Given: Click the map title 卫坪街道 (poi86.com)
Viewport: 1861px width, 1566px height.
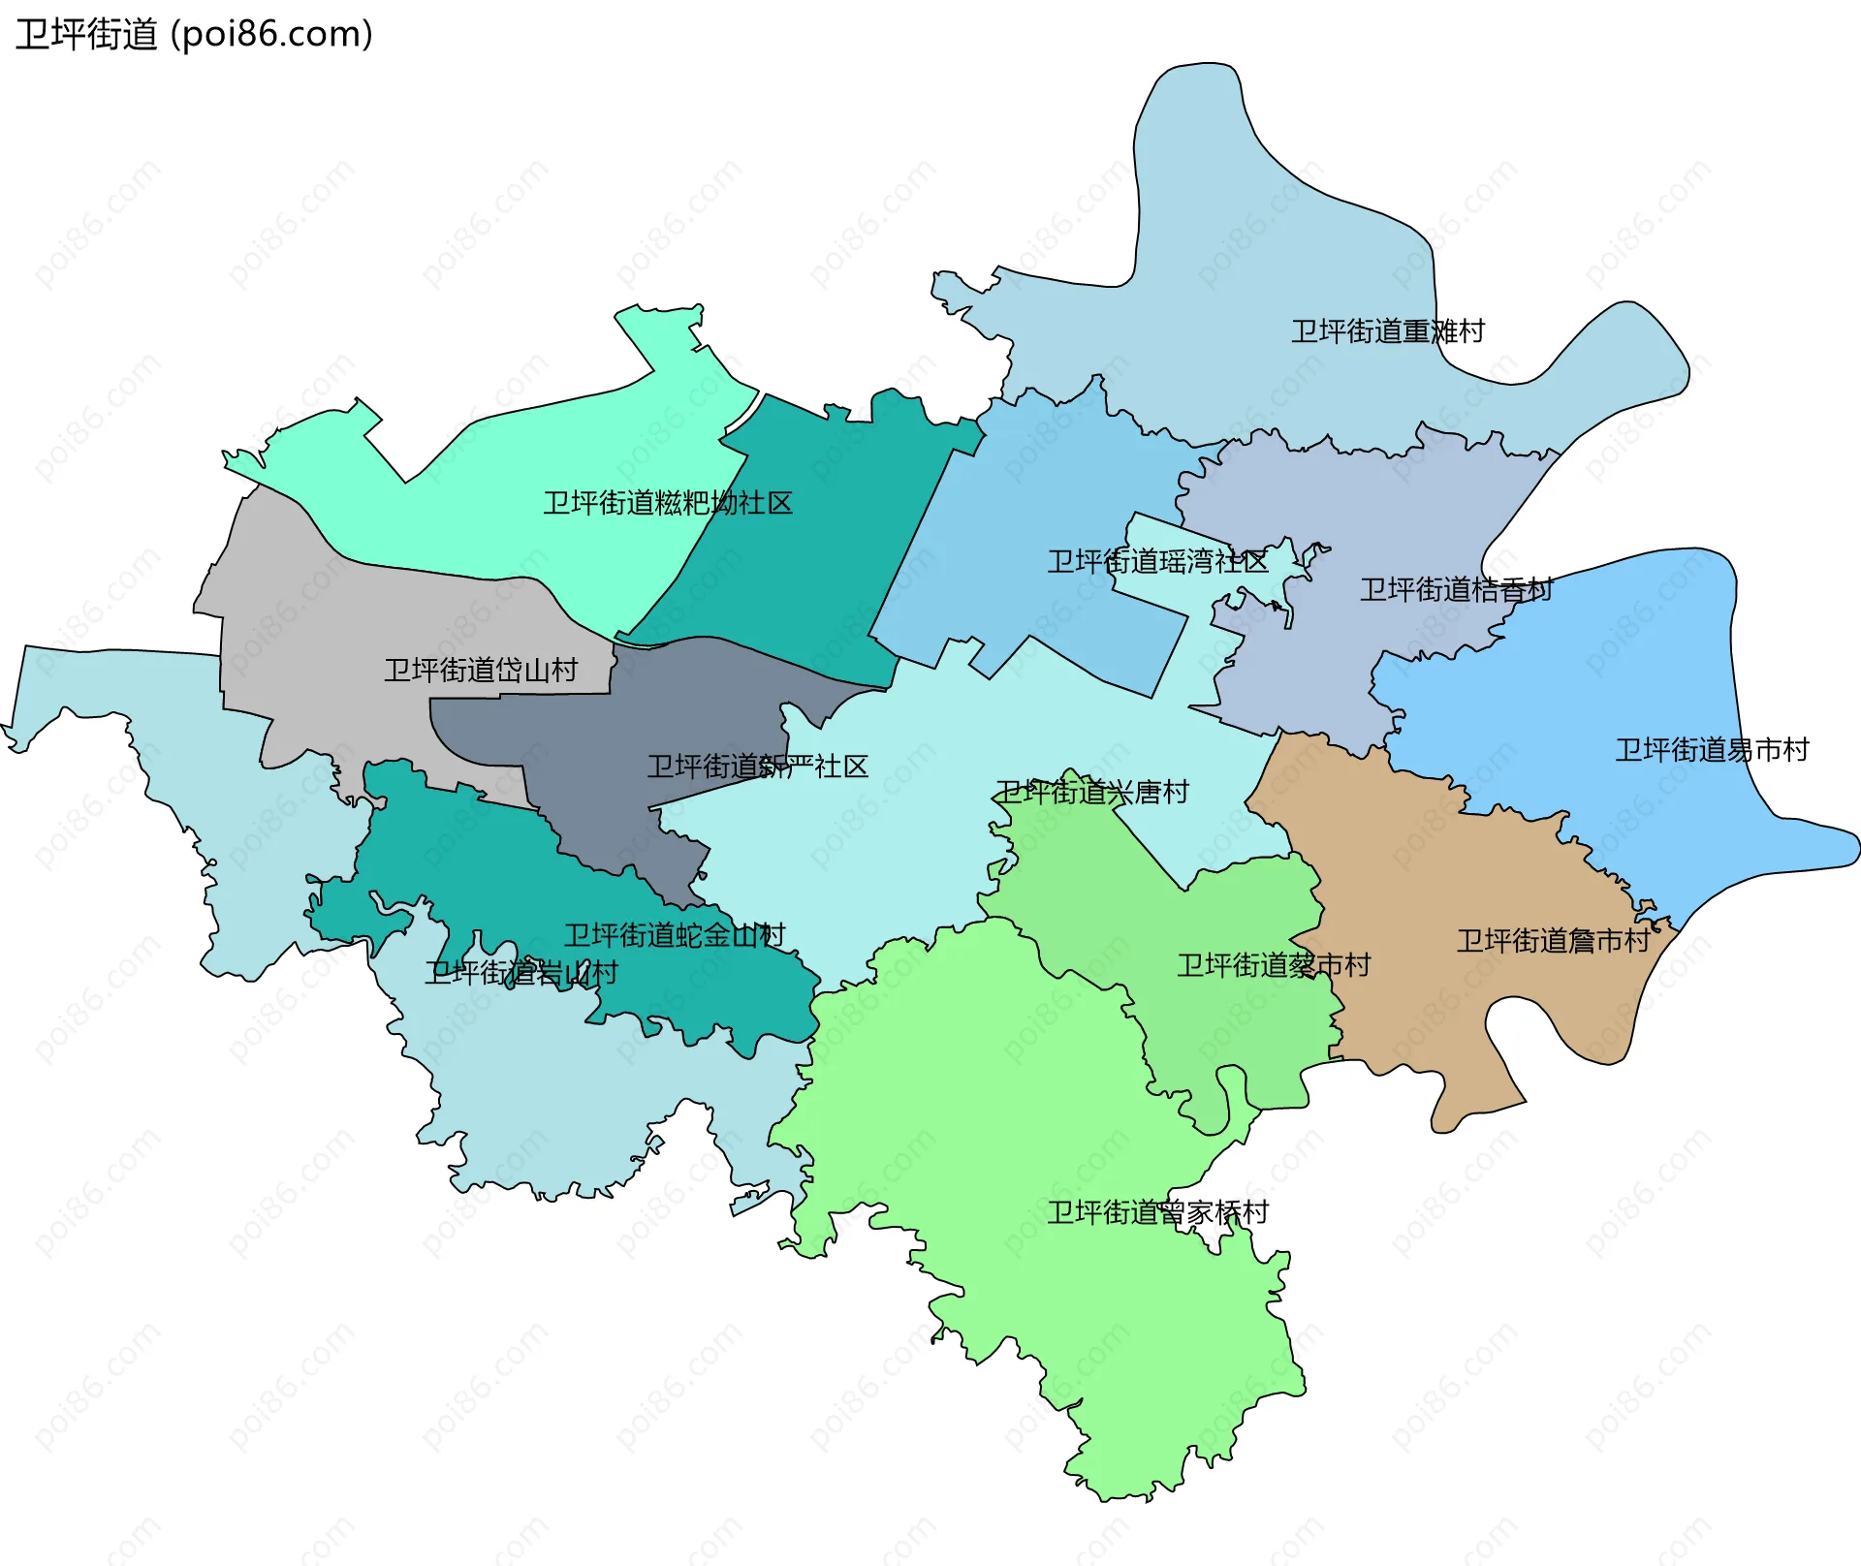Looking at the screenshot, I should [194, 35].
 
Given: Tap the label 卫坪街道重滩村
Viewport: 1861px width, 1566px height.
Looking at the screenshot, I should [1387, 331].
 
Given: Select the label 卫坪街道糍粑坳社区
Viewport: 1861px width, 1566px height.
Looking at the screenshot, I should [667, 503].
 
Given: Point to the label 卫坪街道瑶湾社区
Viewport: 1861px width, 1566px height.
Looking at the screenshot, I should [1157, 561].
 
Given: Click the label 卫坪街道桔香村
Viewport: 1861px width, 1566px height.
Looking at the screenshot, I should [1456, 589].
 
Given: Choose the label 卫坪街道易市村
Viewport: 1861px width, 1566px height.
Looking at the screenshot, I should [1711, 749].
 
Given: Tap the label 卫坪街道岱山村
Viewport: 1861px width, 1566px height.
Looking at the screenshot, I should [480, 670].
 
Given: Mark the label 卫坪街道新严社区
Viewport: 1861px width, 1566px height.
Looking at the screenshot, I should [757, 767].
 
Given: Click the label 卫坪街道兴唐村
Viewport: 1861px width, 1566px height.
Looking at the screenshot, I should [1091, 792].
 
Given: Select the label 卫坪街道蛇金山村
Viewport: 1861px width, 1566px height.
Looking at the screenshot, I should [674, 935].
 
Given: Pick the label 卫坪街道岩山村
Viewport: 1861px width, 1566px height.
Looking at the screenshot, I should [520, 972].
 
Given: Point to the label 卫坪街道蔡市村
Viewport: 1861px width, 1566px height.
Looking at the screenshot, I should [1273, 965].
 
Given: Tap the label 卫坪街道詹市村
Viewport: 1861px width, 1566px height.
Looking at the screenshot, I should [1553, 941].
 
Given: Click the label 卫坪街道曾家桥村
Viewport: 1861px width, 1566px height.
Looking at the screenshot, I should [1157, 1212].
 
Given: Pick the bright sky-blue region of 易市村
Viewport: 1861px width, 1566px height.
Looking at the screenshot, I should [1648, 659].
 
